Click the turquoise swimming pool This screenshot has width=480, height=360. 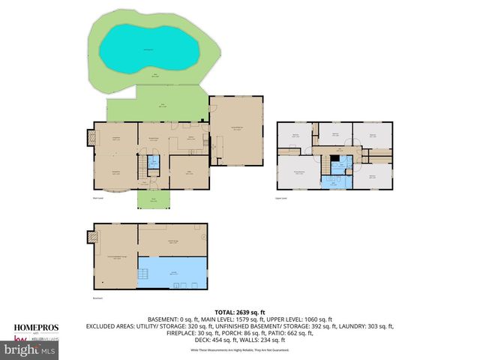click(151, 48)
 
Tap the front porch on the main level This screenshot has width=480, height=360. click(152, 199)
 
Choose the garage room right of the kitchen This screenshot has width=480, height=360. click(237, 131)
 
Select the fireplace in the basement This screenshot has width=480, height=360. click(93, 238)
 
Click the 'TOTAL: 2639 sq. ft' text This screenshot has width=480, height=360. click(241, 311)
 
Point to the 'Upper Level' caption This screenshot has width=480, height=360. click(282, 198)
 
